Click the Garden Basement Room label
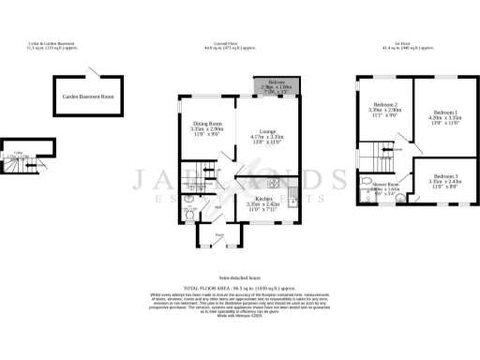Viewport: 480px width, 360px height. pos(88,97)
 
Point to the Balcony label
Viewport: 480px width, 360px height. pos(277,83)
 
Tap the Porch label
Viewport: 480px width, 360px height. pos(219,234)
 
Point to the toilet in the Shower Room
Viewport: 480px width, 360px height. pos(367,184)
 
